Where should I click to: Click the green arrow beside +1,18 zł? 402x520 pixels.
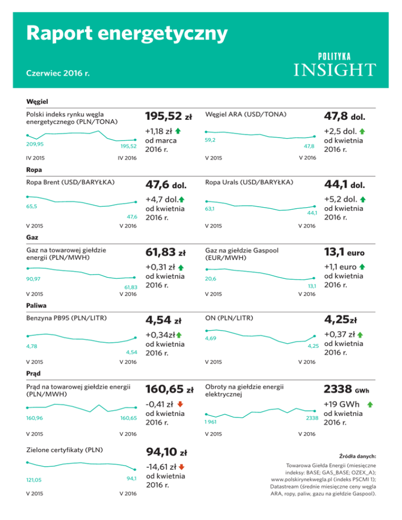[x=179, y=130]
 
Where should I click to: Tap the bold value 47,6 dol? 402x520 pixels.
[x=166, y=184]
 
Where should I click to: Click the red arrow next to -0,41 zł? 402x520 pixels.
[x=180, y=403]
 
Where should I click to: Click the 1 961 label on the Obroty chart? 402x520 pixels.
[x=211, y=421]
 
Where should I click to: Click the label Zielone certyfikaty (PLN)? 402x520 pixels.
[x=64, y=450]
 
